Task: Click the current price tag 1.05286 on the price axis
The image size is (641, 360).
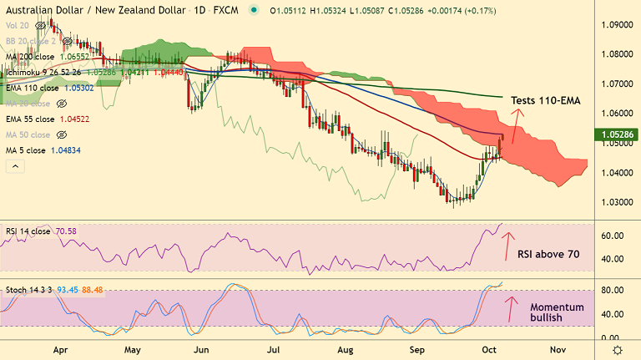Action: click(616, 134)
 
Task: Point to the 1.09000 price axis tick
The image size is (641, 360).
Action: click(616, 25)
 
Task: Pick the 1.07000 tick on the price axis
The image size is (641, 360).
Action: click(616, 84)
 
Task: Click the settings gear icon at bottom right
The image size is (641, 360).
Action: click(617, 349)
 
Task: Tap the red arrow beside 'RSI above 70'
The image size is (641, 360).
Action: click(505, 247)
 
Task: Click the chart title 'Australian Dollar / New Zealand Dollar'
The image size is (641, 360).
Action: click(93, 11)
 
